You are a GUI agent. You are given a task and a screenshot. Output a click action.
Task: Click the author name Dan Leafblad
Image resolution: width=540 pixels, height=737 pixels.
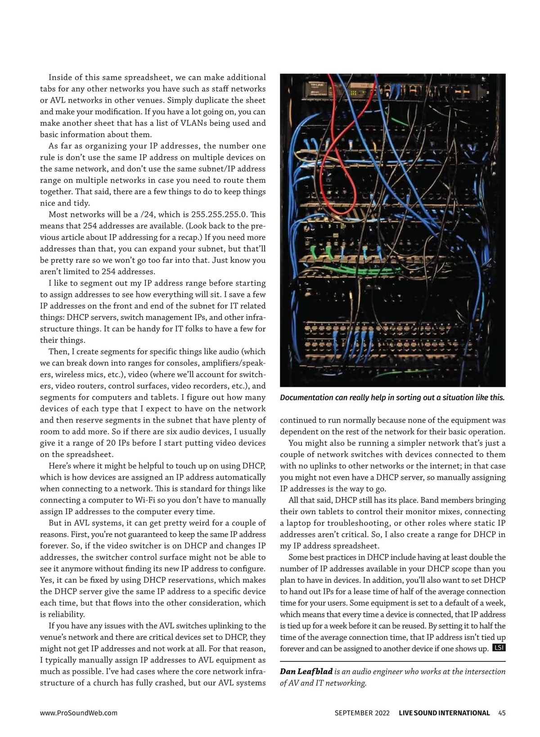[306, 672]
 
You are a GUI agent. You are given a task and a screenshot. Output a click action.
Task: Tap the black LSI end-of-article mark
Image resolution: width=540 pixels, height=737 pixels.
[499, 648]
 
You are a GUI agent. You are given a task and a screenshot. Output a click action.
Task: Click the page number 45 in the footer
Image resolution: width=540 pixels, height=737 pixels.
[502, 713]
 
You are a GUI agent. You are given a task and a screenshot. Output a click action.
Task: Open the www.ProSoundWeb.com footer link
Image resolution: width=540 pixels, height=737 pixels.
[79, 713]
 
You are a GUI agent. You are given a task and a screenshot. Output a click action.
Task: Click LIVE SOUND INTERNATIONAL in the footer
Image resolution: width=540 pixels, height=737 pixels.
[444, 713]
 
